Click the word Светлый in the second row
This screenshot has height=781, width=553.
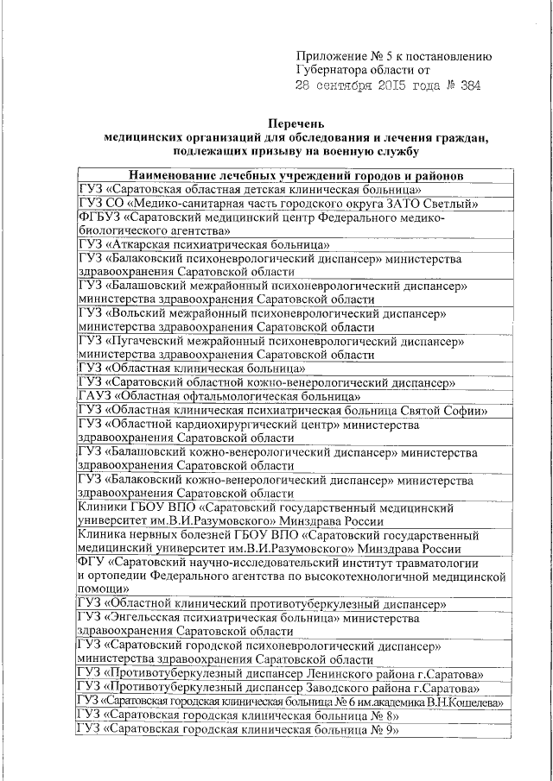click(450, 204)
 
